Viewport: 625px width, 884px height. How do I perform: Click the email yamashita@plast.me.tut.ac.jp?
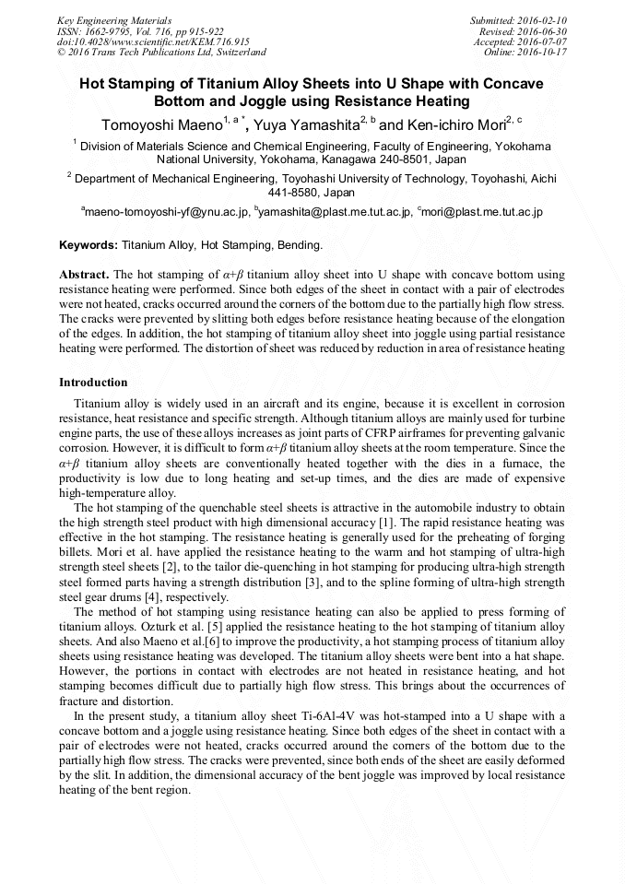(336, 212)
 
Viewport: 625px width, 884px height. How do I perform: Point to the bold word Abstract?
(84, 275)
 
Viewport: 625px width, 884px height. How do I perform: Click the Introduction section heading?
(93, 383)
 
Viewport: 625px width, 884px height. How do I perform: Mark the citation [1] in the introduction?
(454, 524)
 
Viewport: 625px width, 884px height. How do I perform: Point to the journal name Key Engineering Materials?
(114, 20)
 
